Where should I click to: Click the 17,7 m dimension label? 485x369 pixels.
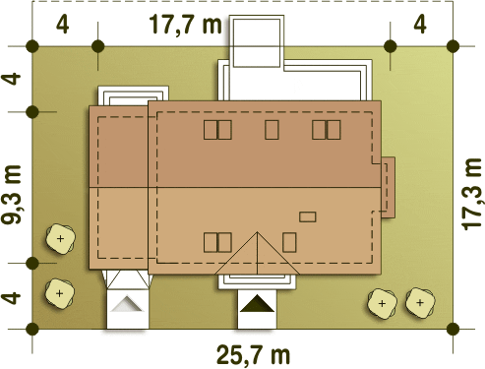pyautogui.click(x=185, y=25)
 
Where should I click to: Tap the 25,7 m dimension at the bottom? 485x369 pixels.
pyautogui.click(x=253, y=354)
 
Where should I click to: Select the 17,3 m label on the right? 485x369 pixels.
pyautogui.click(x=472, y=194)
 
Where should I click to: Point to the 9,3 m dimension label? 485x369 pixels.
pyautogui.click(x=12, y=195)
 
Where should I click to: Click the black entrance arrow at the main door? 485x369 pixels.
pyautogui.click(x=257, y=303)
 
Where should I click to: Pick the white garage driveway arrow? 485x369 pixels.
pyautogui.click(x=127, y=303)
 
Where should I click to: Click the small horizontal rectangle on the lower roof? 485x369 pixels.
pyautogui.click(x=308, y=216)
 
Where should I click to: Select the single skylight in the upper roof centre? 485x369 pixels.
pyautogui.click(x=272, y=130)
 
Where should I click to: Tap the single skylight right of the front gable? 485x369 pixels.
pyautogui.click(x=289, y=242)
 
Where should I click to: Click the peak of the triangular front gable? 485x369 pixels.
pyautogui.click(x=257, y=232)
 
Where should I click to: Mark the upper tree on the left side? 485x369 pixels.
pyautogui.click(x=60, y=238)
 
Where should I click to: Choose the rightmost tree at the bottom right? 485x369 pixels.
pyautogui.click(x=420, y=303)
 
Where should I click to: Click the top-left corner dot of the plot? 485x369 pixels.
pyautogui.click(x=32, y=46)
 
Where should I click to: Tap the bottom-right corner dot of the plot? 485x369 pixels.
pyautogui.click(x=453, y=329)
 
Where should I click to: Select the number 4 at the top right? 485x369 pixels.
pyautogui.click(x=420, y=24)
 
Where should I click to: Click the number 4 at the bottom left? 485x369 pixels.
pyautogui.click(x=11, y=298)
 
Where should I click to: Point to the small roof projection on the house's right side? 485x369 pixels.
pyautogui.click(x=388, y=187)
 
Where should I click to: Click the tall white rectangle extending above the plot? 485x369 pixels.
pyautogui.click(x=257, y=41)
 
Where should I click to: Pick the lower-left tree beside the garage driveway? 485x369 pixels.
pyautogui.click(x=59, y=293)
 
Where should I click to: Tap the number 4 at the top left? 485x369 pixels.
pyautogui.click(x=62, y=24)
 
